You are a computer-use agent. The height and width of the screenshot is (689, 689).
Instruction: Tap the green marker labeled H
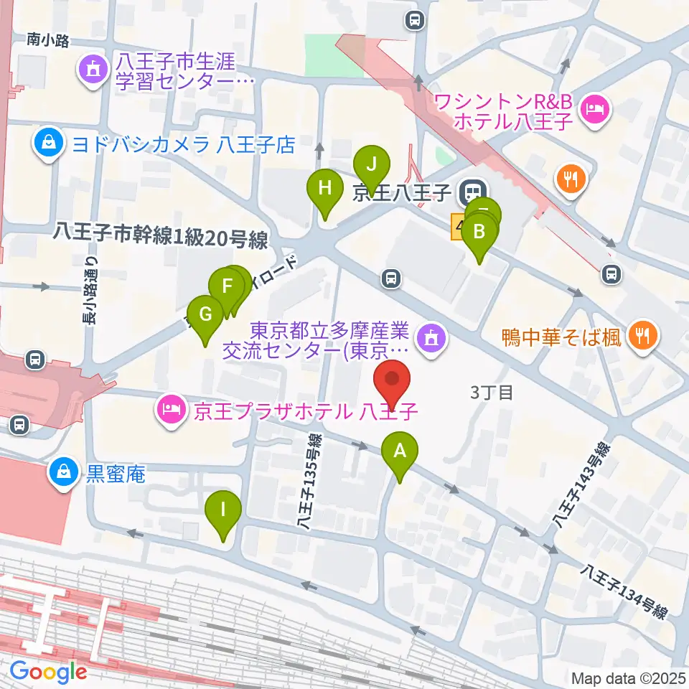(x=325, y=191)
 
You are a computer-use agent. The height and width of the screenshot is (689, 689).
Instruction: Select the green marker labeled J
(x=371, y=164)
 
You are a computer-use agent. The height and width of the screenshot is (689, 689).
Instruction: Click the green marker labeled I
(x=223, y=512)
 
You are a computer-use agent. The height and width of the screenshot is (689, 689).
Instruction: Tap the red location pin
(x=393, y=380)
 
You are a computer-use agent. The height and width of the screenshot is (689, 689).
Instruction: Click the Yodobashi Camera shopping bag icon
(x=48, y=144)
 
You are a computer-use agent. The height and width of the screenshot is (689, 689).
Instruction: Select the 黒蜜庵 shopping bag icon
(x=63, y=472)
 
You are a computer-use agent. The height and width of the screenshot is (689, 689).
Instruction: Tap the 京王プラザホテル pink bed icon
(x=169, y=411)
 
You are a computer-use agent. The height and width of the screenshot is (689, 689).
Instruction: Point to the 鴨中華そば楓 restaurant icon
(x=640, y=335)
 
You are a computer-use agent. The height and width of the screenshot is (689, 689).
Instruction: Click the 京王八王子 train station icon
(x=472, y=192)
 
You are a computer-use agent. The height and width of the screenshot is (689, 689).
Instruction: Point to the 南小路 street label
(x=48, y=41)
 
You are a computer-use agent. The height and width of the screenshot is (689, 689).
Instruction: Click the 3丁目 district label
(x=492, y=393)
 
